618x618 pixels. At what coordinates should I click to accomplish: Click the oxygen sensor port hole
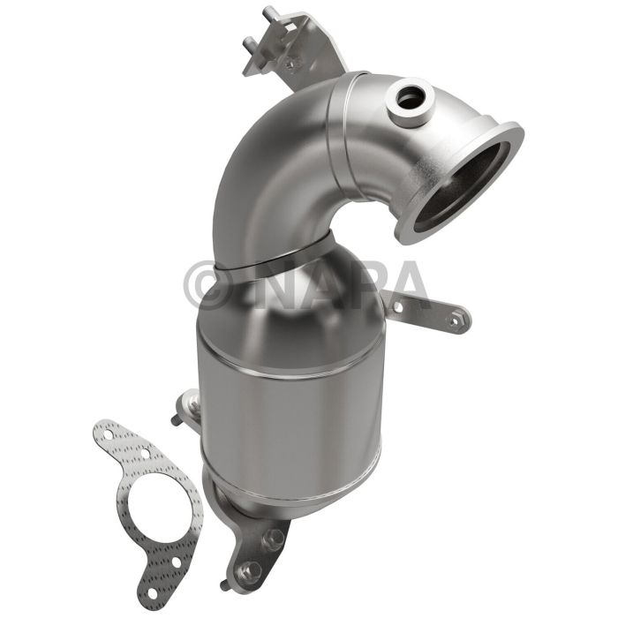(x=410, y=97)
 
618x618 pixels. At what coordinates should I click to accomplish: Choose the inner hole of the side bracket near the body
(x=398, y=306)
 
